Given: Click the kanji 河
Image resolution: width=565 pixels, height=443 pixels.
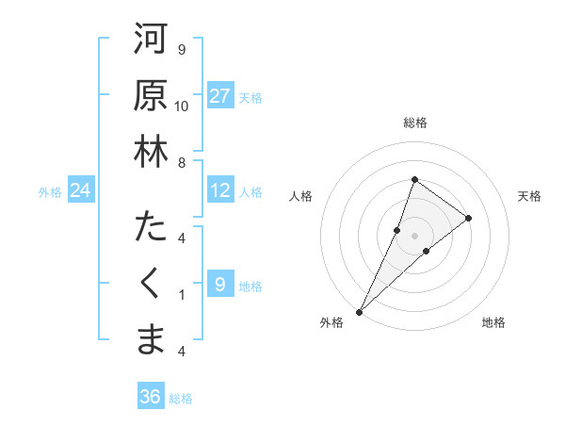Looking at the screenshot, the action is (151, 41).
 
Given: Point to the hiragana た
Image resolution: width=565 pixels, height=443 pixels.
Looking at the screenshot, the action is (151, 227).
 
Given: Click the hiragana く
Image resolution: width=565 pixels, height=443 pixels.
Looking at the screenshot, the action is (151, 283).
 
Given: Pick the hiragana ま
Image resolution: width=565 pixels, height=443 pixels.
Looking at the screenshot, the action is (151, 339).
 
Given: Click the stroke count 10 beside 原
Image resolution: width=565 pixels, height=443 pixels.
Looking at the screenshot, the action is (182, 106).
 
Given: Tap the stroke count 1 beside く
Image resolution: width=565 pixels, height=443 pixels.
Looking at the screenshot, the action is (182, 294).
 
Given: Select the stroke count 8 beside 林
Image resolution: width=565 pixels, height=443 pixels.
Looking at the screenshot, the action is (182, 162).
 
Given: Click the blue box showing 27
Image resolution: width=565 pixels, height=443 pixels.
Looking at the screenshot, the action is (220, 96).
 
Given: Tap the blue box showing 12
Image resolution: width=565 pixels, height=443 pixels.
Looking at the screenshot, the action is (220, 190).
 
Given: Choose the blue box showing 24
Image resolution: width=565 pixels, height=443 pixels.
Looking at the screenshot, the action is (81, 191).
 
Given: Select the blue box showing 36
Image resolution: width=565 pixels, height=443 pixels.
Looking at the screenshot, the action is (151, 397).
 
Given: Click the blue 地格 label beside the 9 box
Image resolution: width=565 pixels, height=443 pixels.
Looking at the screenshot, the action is (250, 286).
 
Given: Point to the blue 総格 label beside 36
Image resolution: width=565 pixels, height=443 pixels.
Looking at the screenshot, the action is (181, 399).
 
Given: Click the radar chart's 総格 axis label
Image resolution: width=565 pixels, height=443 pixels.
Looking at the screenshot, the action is (414, 123).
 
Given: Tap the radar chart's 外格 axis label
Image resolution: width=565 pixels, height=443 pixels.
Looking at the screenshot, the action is (331, 322).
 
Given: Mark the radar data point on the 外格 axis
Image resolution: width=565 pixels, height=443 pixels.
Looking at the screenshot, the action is (360, 311).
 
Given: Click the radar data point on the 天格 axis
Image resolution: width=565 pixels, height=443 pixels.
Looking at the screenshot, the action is (468, 218).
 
